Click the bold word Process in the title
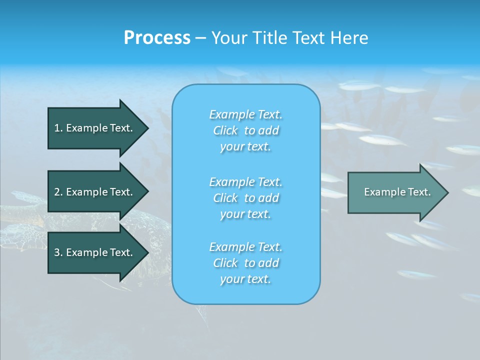click(x=157, y=38)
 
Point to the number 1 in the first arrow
click(x=57, y=128)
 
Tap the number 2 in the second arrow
click(x=57, y=192)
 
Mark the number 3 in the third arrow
click(x=57, y=252)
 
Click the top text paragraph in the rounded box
click(x=245, y=130)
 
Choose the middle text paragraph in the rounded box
click(x=245, y=197)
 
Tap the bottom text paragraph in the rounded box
click(x=245, y=263)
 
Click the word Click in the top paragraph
click(x=225, y=130)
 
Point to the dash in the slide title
click(x=200, y=38)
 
